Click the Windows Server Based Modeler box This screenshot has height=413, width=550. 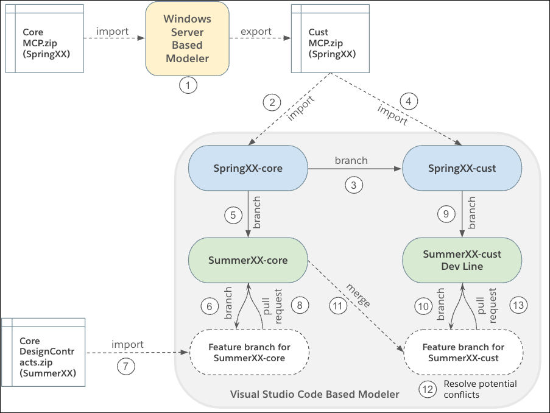click(x=186, y=38)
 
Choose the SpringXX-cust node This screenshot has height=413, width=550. click(x=462, y=169)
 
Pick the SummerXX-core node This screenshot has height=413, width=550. click(x=248, y=260)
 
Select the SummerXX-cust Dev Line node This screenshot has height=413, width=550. click(x=462, y=259)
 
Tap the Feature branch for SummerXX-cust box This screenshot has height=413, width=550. click(x=464, y=352)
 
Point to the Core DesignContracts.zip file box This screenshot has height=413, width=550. click(x=44, y=351)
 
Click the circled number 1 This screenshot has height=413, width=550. click(x=188, y=86)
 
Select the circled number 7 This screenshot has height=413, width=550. click(x=126, y=367)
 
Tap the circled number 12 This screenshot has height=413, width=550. click(x=428, y=388)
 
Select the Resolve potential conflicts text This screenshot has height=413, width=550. click(x=479, y=389)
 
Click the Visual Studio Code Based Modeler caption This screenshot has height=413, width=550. click(x=314, y=394)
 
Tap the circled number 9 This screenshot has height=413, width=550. click(x=446, y=214)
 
